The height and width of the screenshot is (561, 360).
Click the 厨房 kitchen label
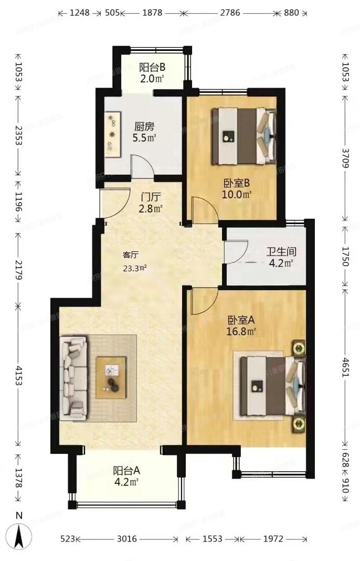[144, 126]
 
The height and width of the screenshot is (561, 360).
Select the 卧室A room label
[241, 320]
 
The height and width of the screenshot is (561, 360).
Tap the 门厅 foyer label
[151, 197]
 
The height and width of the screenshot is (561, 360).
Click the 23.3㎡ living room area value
[135, 267]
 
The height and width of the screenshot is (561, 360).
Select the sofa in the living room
[74, 378]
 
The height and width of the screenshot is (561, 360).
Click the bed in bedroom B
[243, 135]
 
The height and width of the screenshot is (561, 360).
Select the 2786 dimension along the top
[227, 13]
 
